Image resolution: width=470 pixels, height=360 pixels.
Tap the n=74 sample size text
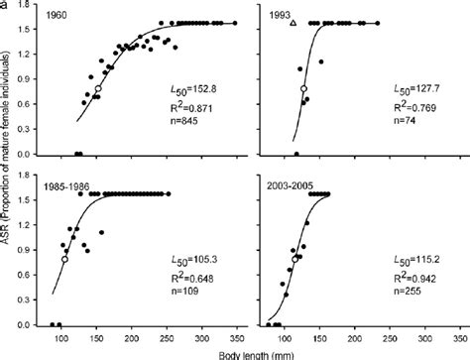(x=397, y=121)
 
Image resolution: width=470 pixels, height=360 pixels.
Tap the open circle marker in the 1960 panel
(x=97, y=89)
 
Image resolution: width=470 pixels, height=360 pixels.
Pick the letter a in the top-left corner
(x=5, y=5)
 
